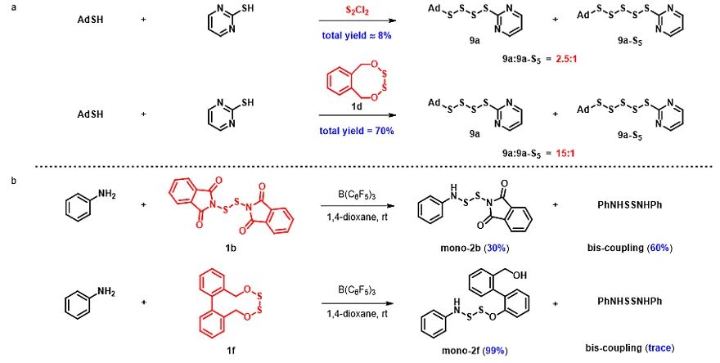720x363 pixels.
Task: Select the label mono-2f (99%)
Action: pyautogui.click(x=479, y=351)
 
